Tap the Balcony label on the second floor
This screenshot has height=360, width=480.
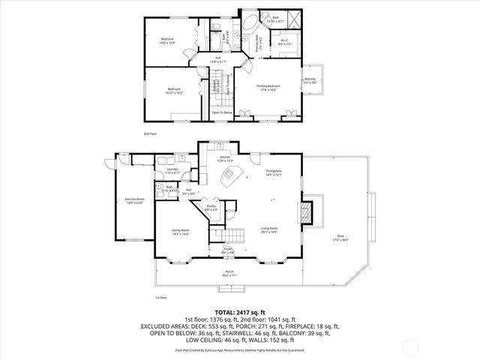click(310, 81)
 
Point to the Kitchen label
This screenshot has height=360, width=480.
click(226, 159)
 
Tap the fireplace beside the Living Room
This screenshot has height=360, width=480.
click(305, 212)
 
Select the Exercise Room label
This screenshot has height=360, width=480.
click(134, 201)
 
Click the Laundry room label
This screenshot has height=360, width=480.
click(172, 172)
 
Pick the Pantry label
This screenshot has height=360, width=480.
click(211, 208)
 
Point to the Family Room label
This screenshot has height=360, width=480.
click(180, 232)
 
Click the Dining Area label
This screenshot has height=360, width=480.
click(274, 173)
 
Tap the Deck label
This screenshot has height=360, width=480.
click(341, 238)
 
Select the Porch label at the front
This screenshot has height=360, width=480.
click(229, 273)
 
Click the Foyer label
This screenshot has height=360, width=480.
click(228, 252)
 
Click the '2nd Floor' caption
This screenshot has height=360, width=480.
click(150, 133)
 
